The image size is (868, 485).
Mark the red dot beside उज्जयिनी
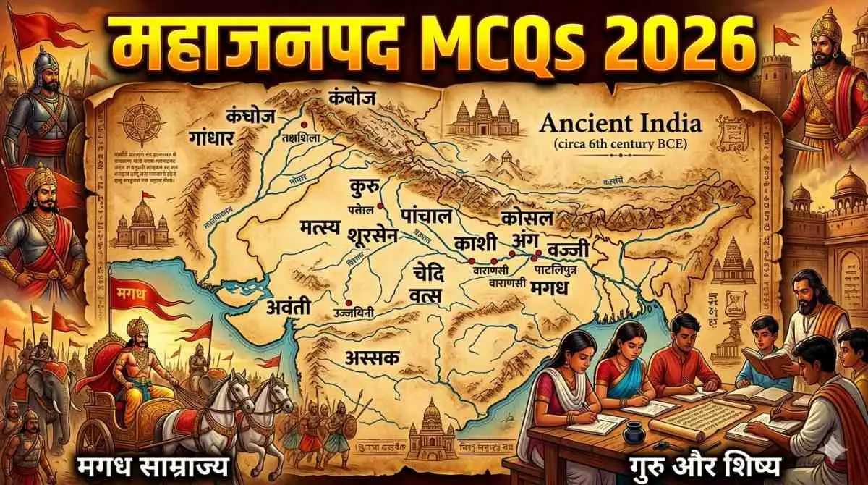[349, 303]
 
